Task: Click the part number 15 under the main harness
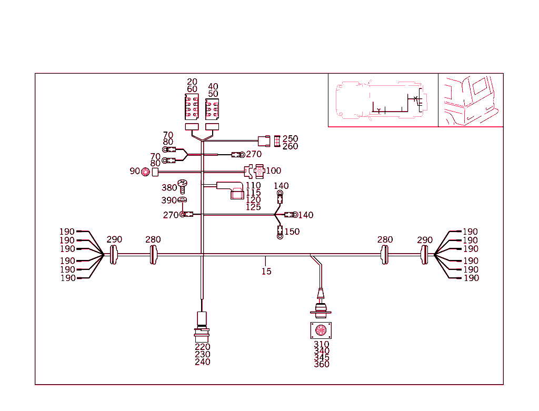266,272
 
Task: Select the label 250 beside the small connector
290,139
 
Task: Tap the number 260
290,146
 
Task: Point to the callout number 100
273,171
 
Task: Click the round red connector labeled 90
145,172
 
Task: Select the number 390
168,201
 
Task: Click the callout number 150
292,232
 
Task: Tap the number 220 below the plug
202,347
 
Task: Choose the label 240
202,362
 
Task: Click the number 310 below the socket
321,344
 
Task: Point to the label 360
321,364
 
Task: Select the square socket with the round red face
320,331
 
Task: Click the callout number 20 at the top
192,82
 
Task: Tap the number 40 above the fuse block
213,86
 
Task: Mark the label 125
253,207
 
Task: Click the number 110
253,185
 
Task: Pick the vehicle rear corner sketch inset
471,100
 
